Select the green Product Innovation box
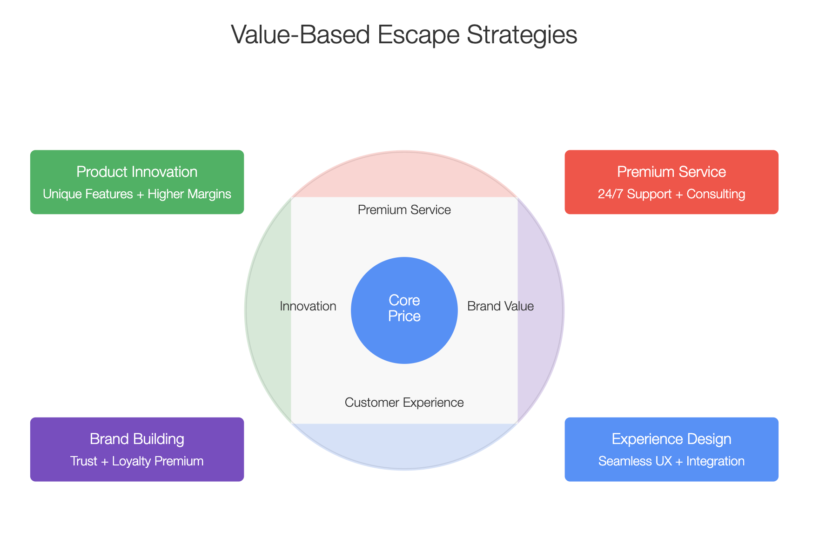click(x=137, y=182)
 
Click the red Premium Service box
click(x=671, y=182)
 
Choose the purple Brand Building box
click(x=137, y=449)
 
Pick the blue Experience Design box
click(x=671, y=449)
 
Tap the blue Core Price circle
click(x=404, y=310)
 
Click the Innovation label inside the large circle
click(x=308, y=306)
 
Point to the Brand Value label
click(x=501, y=306)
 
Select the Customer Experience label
click(x=404, y=403)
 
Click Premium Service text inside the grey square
click(x=404, y=210)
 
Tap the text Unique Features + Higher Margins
click(x=137, y=194)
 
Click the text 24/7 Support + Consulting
click(x=671, y=194)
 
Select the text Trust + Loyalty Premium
click(x=137, y=461)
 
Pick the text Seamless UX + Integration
click(x=671, y=461)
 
